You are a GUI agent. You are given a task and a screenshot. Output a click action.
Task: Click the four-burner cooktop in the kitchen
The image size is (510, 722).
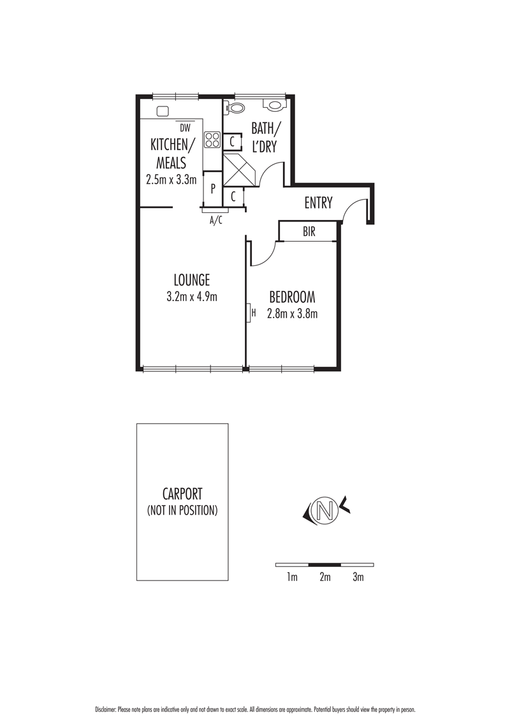212,140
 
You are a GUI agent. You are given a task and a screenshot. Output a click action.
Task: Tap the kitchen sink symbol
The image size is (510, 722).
163,111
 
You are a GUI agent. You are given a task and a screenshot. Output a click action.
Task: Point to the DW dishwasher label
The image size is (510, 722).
185,127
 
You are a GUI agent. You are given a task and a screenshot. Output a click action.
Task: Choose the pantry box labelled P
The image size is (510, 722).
212,189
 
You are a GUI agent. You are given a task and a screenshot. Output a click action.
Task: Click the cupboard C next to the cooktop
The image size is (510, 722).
233,141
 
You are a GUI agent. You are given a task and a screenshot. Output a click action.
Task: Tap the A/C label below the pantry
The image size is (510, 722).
216,220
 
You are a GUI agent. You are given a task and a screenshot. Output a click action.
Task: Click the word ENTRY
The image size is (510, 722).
318,203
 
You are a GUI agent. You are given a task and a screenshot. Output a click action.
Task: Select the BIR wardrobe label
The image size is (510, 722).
309,232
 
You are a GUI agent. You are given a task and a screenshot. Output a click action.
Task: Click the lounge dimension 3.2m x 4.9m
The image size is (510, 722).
192,296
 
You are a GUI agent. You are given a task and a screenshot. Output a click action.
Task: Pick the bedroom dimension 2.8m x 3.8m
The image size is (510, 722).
293,313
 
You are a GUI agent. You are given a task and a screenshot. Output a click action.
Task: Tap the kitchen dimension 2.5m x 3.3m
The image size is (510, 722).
171,180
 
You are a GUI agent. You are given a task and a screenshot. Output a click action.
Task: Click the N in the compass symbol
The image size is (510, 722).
326,510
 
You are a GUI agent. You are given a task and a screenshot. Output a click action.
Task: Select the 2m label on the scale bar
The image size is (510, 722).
325,578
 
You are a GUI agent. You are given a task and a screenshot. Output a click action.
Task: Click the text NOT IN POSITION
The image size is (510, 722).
182,510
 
